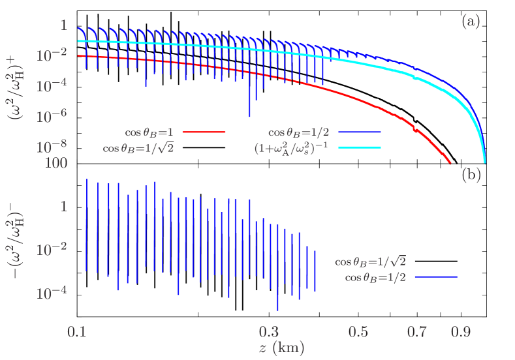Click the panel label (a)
471,22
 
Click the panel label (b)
471,175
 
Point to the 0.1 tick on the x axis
77,332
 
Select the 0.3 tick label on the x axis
269,332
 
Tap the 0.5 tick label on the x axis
358,332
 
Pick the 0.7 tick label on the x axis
416,332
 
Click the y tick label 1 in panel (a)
64,25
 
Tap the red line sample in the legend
204,132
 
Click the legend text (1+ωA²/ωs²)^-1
292,148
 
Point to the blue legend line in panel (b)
436,277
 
